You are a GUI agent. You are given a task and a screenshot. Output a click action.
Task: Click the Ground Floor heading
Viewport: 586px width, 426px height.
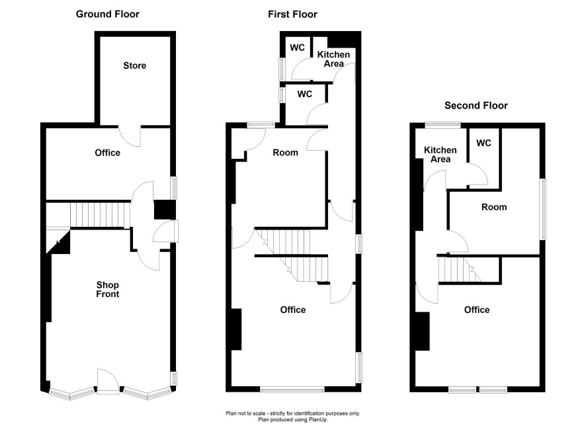[108, 14]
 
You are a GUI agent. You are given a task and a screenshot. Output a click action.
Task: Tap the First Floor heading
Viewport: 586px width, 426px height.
[292, 14]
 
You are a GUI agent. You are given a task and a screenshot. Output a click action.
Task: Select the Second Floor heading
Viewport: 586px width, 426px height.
[476, 106]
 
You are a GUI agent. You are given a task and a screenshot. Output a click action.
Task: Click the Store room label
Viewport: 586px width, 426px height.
[134, 65]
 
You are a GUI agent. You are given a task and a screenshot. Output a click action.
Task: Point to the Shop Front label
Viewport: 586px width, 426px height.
[108, 290]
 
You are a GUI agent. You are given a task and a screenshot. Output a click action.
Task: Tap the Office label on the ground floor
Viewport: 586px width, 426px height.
[108, 153]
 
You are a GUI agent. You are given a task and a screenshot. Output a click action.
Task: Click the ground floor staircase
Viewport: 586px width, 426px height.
[100, 214]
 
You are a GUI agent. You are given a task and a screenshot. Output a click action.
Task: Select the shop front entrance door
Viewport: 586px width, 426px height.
[108, 381]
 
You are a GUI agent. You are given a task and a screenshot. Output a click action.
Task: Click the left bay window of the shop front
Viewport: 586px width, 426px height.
[71, 394]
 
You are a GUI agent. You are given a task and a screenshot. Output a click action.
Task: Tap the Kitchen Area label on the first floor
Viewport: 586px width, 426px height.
[334, 59]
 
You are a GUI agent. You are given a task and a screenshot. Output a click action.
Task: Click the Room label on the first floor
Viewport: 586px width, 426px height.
[286, 152]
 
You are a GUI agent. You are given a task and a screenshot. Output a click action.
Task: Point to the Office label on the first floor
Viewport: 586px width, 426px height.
[293, 310]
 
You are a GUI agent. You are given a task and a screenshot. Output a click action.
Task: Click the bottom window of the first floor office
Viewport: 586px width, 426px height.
[292, 390]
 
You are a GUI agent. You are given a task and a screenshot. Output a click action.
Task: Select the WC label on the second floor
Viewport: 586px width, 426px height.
[483, 143]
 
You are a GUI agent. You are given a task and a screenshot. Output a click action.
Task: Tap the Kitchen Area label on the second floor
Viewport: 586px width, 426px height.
[440, 155]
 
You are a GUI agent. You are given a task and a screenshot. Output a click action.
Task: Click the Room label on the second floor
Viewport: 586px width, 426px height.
[494, 207]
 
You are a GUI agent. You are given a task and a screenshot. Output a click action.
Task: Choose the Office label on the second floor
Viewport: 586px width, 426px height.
[477, 310]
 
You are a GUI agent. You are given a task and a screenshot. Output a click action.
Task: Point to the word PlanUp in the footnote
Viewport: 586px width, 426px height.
[317, 419]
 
